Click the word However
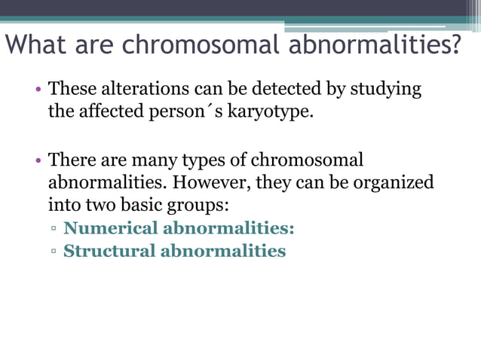[216, 183]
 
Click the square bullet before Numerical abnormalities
[54, 229]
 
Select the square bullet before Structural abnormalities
[54, 252]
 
